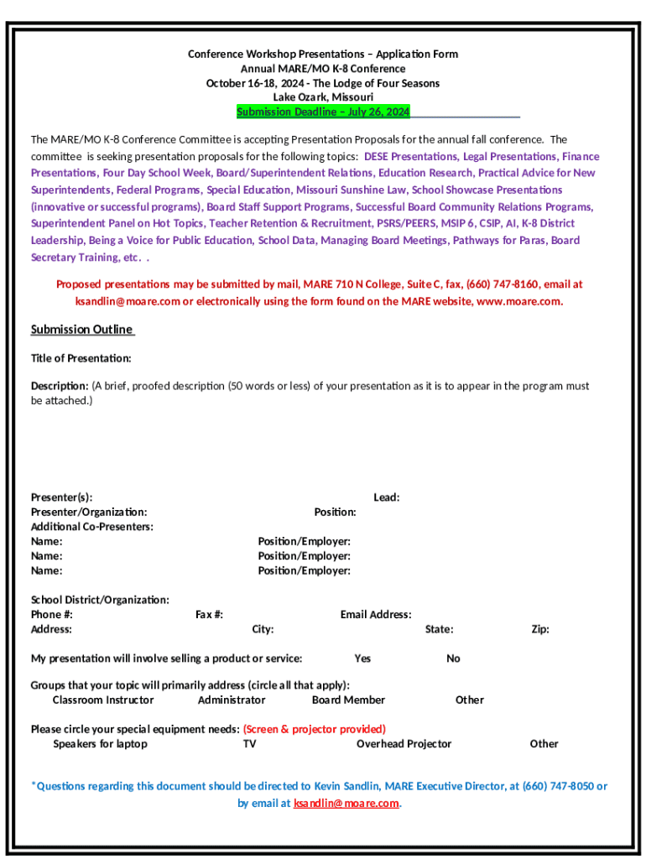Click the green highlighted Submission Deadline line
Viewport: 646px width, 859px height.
tap(323, 112)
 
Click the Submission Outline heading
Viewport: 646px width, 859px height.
tap(82, 330)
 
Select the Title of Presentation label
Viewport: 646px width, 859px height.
tap(81, 358)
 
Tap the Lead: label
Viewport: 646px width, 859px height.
tap(386, 497)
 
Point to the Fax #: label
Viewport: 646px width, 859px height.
tap(209, 615)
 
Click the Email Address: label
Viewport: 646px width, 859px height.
tap(376, 615)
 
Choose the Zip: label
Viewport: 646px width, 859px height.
tap(540, 629)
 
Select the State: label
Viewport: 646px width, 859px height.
tap(439, 629)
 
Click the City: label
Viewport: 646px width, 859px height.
tap(263, 629)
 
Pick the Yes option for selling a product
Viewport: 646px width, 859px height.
tap(362, 659)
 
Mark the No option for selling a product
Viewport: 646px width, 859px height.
tap(453, 659)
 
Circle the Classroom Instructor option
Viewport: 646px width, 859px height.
tap(103, 700)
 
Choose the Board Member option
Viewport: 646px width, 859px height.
tap(348, 700)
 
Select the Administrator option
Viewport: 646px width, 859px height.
tap(232, 700)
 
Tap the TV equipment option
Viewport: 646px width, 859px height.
tap(249, 744)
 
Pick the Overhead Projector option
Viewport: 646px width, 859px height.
tap(404, 744)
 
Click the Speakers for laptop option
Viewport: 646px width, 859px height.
tap(100, 744)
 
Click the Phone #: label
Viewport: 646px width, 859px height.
tap(52, 615)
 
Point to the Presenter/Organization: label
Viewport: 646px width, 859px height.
tap(89, 512)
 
